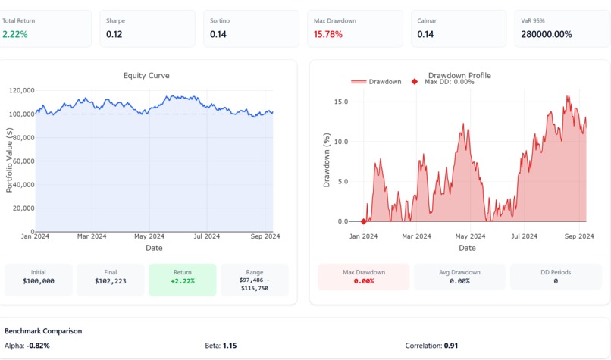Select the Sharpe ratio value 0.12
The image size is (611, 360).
pyautogui.click(x=114, y=34)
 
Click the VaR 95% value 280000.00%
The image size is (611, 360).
pyautogui.click(x=544, y=34)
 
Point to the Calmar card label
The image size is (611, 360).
pyautogui.click(x=427, y=20)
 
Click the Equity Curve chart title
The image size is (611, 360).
pyautogui.click(x=146, y=75)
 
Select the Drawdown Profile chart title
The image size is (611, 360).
pyautogui.click(x=459, y=75)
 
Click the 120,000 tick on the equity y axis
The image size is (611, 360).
pyautogui.click(x=22, y=90)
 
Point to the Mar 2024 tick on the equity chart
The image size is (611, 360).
pyautogui.click(x=92, y=236)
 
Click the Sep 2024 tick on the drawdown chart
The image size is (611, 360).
pyautogui.click(x=580, y=236)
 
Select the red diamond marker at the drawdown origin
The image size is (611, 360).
pyautogui.click(x=364, y=221)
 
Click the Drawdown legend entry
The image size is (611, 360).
pyautogui.click(x=377, y=82)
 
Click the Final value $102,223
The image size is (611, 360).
pyautogui.click(x=111, y=281)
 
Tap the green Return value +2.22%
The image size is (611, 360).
pyautogui.click(x=183, y=281)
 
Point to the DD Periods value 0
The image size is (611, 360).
pyautogui.click(x=556, y=281)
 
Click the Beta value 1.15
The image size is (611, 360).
pyautogui.click(x=230, y=346)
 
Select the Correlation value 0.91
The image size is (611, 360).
pyautogui.click(x=453, y=346)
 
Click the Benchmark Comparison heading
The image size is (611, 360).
pyautogui.click(x=43, y=331)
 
